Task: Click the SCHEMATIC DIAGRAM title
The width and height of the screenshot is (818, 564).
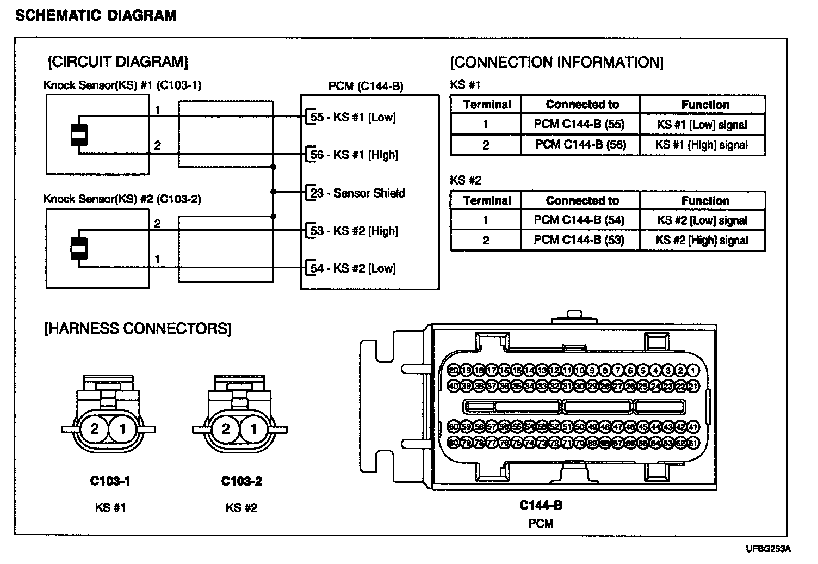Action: pyautogui.click(x=96, y=15)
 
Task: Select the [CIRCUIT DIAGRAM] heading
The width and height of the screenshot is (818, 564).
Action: pyautogui.click(x=118, y=62)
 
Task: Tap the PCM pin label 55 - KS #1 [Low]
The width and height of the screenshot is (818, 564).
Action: pyautogui.click(x=353, y=117)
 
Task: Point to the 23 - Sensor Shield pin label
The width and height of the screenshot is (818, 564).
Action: pyautogui.click(x=357, y=193)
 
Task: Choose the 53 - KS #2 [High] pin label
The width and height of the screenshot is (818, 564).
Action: pyautogui.click(x=354, y=231)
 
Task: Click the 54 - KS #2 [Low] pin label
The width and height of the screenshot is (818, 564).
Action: pyautogui.click(x=353, y=268)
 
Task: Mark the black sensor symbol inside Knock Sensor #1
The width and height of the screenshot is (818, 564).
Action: pyautogui.click(x=79, y=135)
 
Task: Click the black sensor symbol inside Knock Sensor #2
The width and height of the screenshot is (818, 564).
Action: pyautogui.click(x=79, y=248)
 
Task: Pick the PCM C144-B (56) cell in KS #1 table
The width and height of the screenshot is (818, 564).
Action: pyautogui.click(x=580, y=145)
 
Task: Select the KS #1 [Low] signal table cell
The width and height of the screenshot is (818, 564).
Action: pyautogui.click(x=702, y=125)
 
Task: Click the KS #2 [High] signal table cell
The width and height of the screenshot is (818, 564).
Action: pyautogui.click(x=702, y=240)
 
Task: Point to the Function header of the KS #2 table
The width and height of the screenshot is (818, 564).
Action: pyautogui.click(x=705, y=200)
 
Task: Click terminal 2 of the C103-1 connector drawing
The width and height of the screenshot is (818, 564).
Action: pyautogui.click(x=95, y=429)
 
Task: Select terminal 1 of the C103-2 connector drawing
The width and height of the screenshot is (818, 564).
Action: pyautogui.click(x=253, y=429)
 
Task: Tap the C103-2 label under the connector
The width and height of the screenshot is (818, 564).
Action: pyautogui.click(x=241, y=481)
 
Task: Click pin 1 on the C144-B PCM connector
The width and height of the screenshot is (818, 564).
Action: pyautogui.click(x=693, y=371)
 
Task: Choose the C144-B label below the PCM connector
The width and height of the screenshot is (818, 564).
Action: pyautogui.click(x=541, y=506)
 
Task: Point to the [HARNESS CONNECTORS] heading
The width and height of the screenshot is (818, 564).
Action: pyautogui.click(x=138, y=329)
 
